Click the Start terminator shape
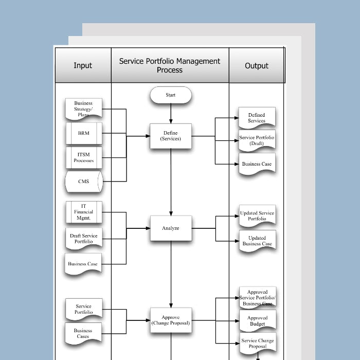(x=171, y=95)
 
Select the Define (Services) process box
(x=171, y=136)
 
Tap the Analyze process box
(x=171, y=228)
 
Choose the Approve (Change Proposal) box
(x=171, y=320)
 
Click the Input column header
(x=83, y=65)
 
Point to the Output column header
(x=256, y=65)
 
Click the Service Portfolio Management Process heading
(x=170, y=65)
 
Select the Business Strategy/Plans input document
(x=83, y=109)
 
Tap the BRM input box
(x=83, y=133)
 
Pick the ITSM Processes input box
(x=83, y=157)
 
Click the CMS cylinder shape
(x=83, y=182)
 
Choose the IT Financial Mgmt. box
(x=83, y=212)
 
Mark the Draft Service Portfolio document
(x=83, y=239)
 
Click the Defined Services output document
(x=257, y=118)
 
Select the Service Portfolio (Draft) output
(x=257, y=140)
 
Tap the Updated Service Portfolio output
(x=257, y=216)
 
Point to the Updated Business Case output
(x=257, y=241)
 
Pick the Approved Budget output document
(x=257, y=321)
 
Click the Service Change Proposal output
(x=257, y=343)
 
